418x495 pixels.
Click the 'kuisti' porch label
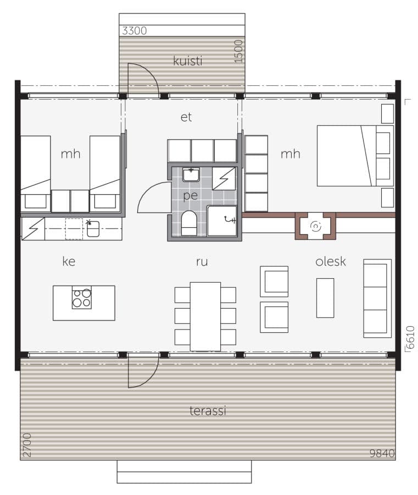coord(187,61)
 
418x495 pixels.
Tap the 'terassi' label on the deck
coord(209,410)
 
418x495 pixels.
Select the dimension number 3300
coord(134,31)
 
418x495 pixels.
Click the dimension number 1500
coord(238,51)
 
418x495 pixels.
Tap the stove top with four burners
coord(81,298)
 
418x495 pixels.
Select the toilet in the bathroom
coord(189,223)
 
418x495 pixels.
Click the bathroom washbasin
coord(191,175)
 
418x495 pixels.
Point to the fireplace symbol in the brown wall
coord(315,226)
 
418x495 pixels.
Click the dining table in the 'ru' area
coord(205,316)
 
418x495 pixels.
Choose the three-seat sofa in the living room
coord(377,298)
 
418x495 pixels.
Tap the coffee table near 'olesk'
coord(325,298)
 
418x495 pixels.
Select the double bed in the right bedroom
coord(354,156)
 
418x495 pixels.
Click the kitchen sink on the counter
coord(93,229)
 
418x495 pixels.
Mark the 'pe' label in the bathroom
coord(190,195)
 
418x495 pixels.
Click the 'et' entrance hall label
coord(186,117)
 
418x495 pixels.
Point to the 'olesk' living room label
coord(331,261)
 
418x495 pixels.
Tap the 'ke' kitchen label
coord(69,262)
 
